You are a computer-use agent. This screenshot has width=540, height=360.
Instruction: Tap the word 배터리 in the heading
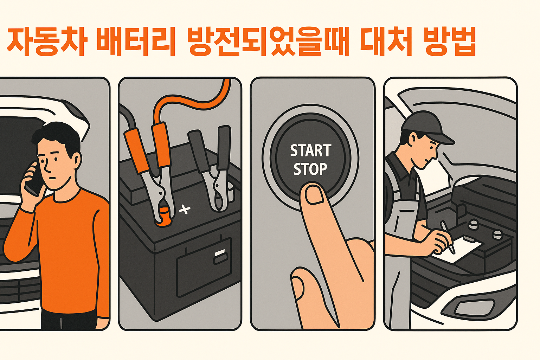coord(136,41)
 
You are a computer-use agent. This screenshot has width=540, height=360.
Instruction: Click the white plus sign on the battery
coord(185,210)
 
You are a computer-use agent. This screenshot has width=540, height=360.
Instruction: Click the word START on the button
coord(310,151)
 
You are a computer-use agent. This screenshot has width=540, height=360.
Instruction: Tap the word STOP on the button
coord(310,169)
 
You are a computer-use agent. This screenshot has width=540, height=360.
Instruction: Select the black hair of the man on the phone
coord(56,135)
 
